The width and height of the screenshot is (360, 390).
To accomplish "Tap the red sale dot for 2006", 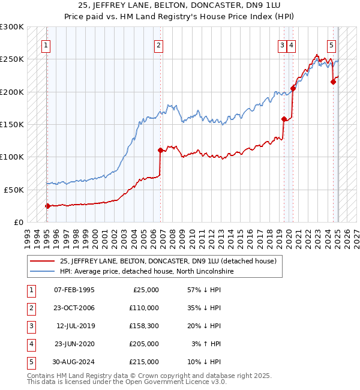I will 160,151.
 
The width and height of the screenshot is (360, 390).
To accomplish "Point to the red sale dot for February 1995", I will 47,206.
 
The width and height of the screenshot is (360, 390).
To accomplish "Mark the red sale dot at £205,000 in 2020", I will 293,89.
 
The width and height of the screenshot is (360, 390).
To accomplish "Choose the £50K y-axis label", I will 14,190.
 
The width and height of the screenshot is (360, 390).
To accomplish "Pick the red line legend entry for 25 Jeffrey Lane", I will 168,261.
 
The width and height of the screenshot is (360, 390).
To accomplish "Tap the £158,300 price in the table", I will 144,326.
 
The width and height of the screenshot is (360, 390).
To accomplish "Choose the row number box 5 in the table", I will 30,362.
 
